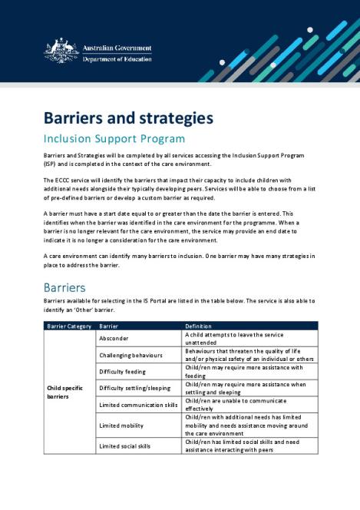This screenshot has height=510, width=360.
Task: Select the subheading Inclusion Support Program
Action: tap(114, 139)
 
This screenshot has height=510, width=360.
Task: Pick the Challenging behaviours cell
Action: tap(131, 356)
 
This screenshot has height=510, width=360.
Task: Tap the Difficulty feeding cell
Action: tap(123, 372)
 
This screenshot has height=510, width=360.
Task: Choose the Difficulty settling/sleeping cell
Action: tap(134, 388)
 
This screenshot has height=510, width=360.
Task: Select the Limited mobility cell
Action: tap(121, 425)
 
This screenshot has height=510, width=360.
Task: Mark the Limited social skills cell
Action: tap(125, 445)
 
